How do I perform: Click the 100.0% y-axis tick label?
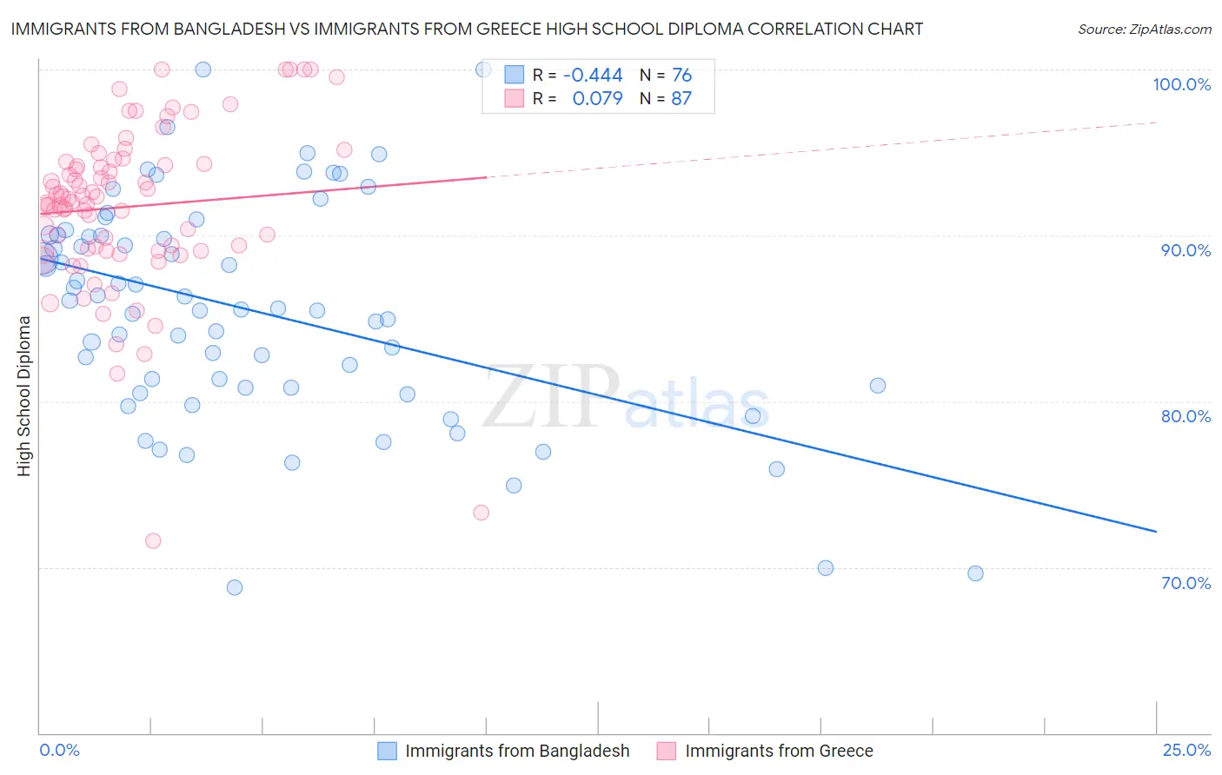click(1181, 84)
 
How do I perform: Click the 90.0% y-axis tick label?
click(1185, 250)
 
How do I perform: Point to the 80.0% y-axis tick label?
click(1185, 416)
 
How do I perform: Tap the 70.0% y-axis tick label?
click(1185, 583)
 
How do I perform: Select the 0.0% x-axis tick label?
click(59, 750)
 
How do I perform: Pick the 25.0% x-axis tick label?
click(1186, 750)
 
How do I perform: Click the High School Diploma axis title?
click(24, 395)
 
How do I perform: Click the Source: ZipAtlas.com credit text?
click(1144, 29)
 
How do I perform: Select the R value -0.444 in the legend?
click(593, 75)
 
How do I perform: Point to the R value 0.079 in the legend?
click(597, 99)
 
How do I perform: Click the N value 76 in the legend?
click(681, 75)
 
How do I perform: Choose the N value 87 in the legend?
click(681, 99)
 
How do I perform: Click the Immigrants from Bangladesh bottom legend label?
click(517, 751)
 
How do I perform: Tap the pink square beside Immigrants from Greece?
click(667, 751)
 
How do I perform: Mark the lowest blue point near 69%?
click(235, 587)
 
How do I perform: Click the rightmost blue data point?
click(975, 573)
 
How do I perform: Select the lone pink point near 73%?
click(481, 513)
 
